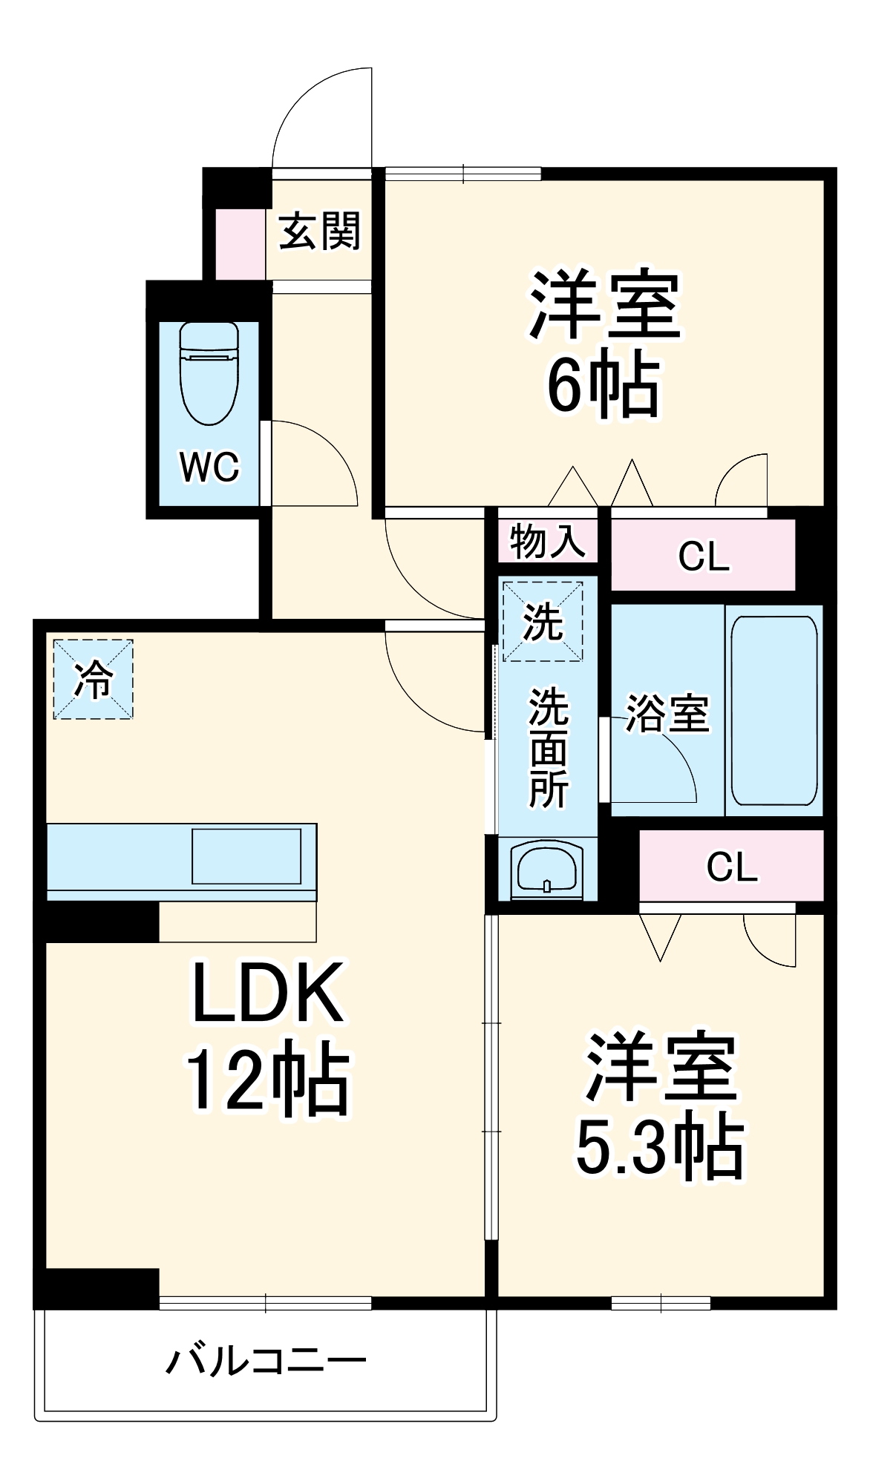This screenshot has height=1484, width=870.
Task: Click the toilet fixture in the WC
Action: [x=209, y=373]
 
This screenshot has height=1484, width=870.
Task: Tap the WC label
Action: [x=209, y=467]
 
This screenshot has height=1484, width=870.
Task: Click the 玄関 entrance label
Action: [x=320, y=231]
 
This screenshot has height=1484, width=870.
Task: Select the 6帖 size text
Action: [x=602, y=386]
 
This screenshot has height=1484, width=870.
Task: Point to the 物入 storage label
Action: [x=548, y=540]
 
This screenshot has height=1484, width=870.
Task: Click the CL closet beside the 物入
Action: [x=703, y=556]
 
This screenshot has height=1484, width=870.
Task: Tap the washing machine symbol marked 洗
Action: [x=543, y=622]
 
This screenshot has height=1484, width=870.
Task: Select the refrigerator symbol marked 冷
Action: [x=94, y=679]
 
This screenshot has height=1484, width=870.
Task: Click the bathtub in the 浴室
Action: [x=774, y=711]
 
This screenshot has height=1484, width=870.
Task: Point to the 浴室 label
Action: [x=667, y=713]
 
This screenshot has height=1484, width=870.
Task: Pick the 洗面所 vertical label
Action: [x=548, y=749]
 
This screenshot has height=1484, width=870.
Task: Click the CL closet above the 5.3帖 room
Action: [x=732, y=866]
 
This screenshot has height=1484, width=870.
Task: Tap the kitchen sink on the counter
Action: [x=246, y=856]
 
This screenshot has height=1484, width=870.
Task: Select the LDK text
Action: [x=268, y=993]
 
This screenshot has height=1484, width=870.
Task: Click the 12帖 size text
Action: [x=266, y=1080]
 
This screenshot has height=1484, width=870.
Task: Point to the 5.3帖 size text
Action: [x=659, y=1146]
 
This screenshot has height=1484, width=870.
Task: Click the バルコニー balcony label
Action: [x=266, y=1362]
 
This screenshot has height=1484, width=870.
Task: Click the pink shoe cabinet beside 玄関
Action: [x=240, y=244]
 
